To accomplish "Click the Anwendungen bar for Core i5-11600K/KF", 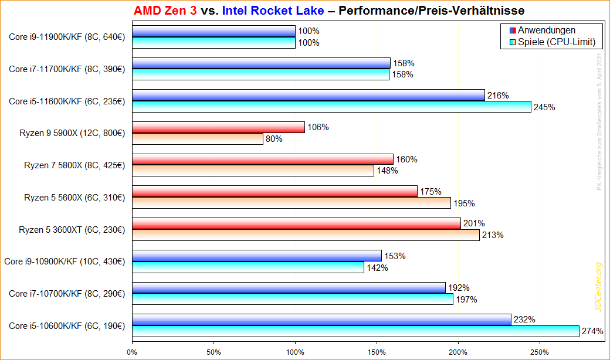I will click(x=309, y=95).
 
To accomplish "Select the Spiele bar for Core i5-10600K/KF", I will click(x=355, y=331).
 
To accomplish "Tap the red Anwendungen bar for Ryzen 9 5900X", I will click(x=218, y=127).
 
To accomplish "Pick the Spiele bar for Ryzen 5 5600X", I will click(x=292, y=203).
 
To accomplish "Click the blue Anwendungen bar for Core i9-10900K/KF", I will click(x=257, y=256).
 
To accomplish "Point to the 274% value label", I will click(x=592, y=331).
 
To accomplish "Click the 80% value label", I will click(x=274, y=139).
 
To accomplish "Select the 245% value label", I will click(x=544, y=107).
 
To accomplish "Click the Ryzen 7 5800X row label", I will click(x=74, y=165).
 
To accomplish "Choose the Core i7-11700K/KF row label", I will click(x=66, y=69).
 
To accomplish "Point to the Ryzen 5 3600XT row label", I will click(x=72, y=229).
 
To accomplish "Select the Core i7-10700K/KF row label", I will click(x=66, y=293).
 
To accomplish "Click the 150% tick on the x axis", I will click(x=377, y=352).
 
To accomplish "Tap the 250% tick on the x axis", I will click(x=540, y=352).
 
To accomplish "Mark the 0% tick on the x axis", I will click(x=133, y=352).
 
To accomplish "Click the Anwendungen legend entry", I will click(x=546, y=30).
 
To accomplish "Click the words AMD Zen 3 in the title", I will click(x=165, y=11).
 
